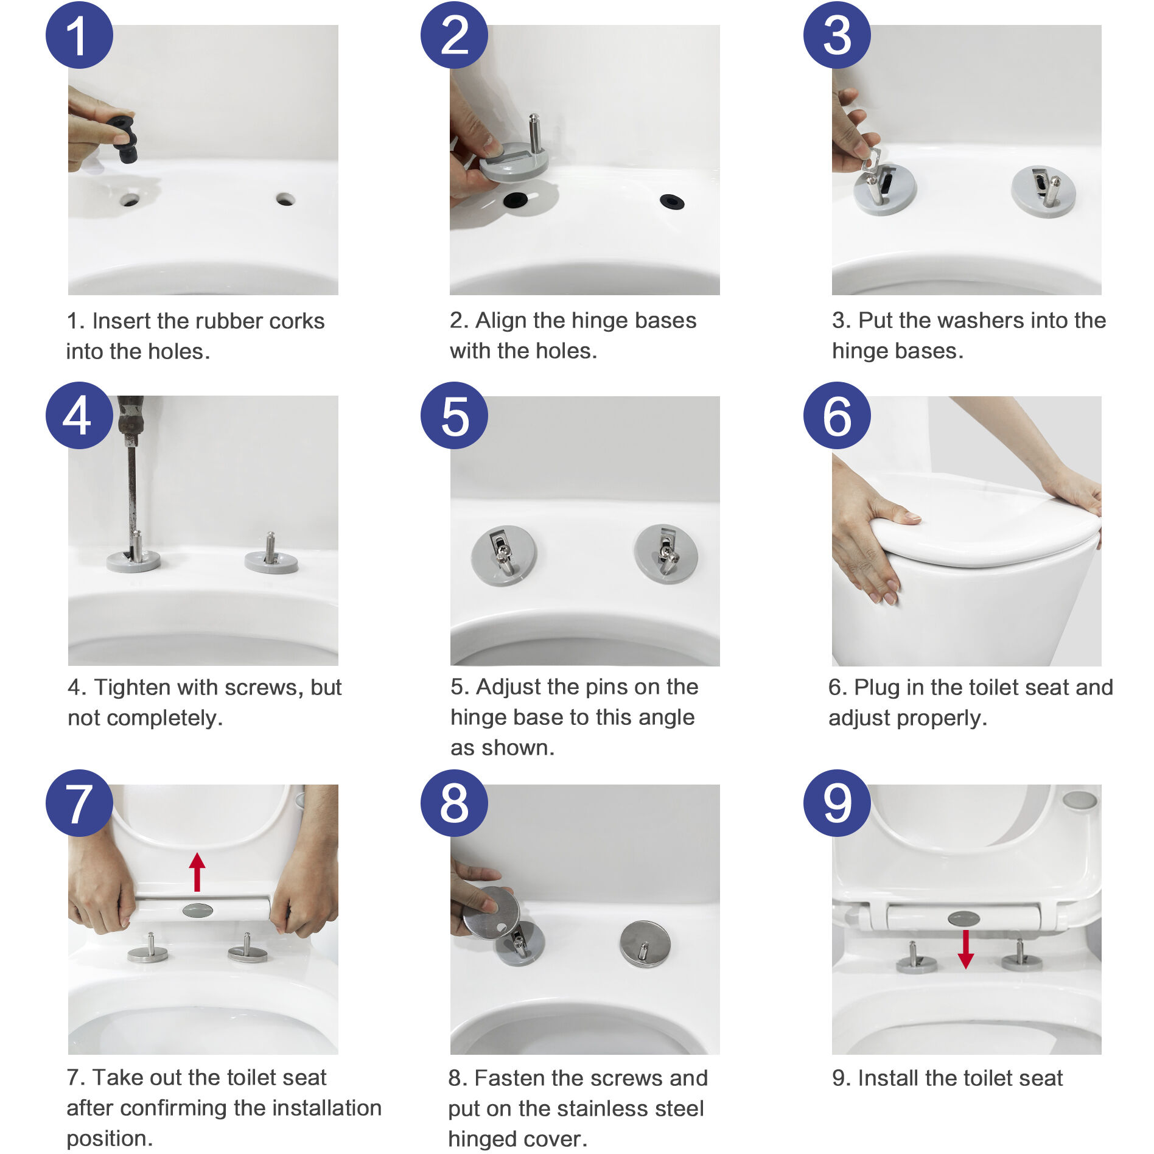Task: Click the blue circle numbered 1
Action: [x=79, y=35]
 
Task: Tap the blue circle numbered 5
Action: [x=454, y=416]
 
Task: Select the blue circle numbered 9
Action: [x=836, y=803]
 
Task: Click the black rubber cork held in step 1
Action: [x=124, y=139]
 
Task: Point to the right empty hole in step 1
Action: [x=285, y=199]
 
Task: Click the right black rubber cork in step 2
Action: [x=671, y=201]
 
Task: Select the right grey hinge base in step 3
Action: [x=1043, y=192]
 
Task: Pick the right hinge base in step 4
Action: [x=271, y=559]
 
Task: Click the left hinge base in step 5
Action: [x=504, y=555]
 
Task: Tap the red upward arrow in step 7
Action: [x=197, y=872]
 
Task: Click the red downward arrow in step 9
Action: [x=965, y=948]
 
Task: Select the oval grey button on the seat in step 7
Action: [x=198, y=911]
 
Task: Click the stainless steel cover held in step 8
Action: [x=491, y=911]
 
